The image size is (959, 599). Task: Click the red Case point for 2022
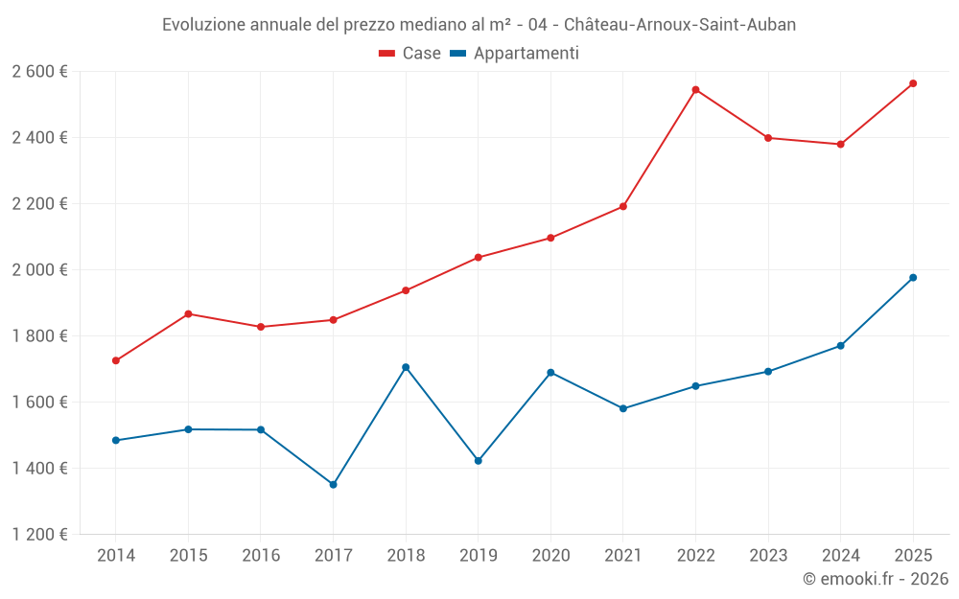click(695, 90)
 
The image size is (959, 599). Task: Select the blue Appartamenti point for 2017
click(333, 485)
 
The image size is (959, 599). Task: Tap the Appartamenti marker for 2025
click(913, 278)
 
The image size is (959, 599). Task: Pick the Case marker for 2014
click(116, 361)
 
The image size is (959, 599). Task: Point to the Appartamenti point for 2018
click(406, 367)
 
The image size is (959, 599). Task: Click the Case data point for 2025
click(913, 83)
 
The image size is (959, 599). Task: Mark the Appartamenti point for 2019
click(479, 461)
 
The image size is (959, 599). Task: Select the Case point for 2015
click(188, 314)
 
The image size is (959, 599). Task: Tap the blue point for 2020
click(550, 373)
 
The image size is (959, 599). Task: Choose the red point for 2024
click(840, 145)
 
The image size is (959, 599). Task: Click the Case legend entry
click(410, 54)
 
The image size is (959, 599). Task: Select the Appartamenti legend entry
click(515, 54)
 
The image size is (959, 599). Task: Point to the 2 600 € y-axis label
click(39, 72)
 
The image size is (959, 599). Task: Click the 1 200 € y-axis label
click(39, 535)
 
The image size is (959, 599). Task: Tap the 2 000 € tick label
click(39, 270)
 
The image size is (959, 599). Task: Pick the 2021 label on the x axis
click(623, 556)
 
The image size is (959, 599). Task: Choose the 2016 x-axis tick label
click(261, 556)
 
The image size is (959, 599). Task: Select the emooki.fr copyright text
click(876, 579)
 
